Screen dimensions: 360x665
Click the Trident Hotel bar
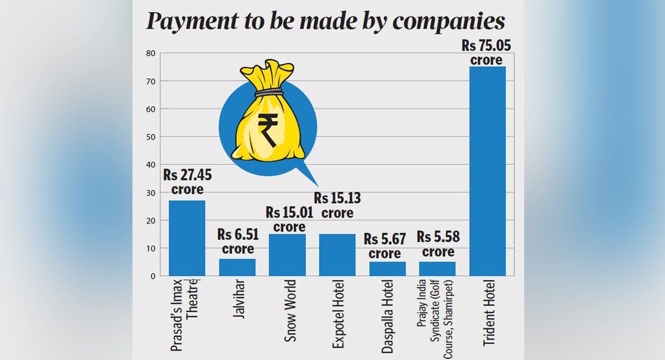coord(487,171)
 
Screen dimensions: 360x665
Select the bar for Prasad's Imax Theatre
coord(187,238)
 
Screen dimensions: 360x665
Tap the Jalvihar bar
coord(237,267)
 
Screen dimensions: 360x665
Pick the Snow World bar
coord(287,255)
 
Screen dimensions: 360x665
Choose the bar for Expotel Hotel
coord(337,255)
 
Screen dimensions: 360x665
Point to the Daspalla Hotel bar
coord(387,269)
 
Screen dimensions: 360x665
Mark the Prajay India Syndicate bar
coord(437,269)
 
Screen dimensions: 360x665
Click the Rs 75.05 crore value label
coord(486,53)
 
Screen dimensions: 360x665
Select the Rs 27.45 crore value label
coord(187,182)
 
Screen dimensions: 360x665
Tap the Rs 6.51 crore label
coord(238,241)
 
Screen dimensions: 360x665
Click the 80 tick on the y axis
coord(150,54)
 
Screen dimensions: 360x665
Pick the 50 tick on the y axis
coord(150,137)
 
